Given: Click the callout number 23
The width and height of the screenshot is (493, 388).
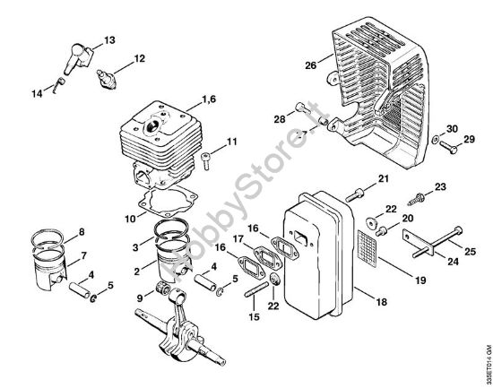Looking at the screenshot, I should (x=440, y=186).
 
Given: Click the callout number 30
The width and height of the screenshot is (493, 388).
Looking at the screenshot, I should (x=452, y=128).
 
